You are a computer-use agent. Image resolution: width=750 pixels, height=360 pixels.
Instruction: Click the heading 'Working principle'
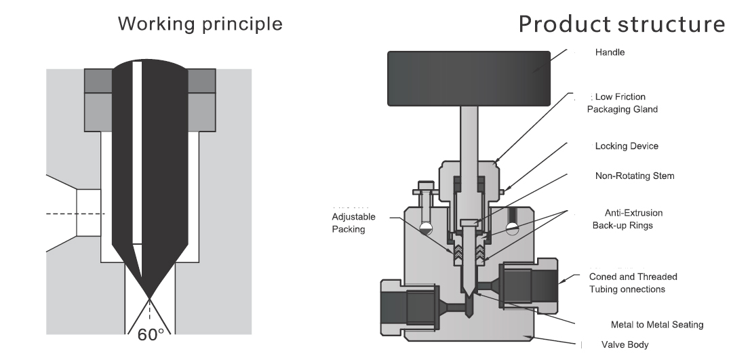[200, 24]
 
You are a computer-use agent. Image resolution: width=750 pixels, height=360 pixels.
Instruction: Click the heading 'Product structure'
[622, 24]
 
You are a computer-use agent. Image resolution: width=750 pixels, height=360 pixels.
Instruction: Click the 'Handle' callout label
[610, 52]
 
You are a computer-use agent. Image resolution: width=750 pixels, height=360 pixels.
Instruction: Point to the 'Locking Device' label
[626, 146]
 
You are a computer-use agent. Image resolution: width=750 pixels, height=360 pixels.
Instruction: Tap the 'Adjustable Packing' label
[353, 223]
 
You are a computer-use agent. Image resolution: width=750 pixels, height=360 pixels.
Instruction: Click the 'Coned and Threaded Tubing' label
[633, 283]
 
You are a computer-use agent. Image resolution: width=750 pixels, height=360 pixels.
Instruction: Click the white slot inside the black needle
[137, 153]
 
